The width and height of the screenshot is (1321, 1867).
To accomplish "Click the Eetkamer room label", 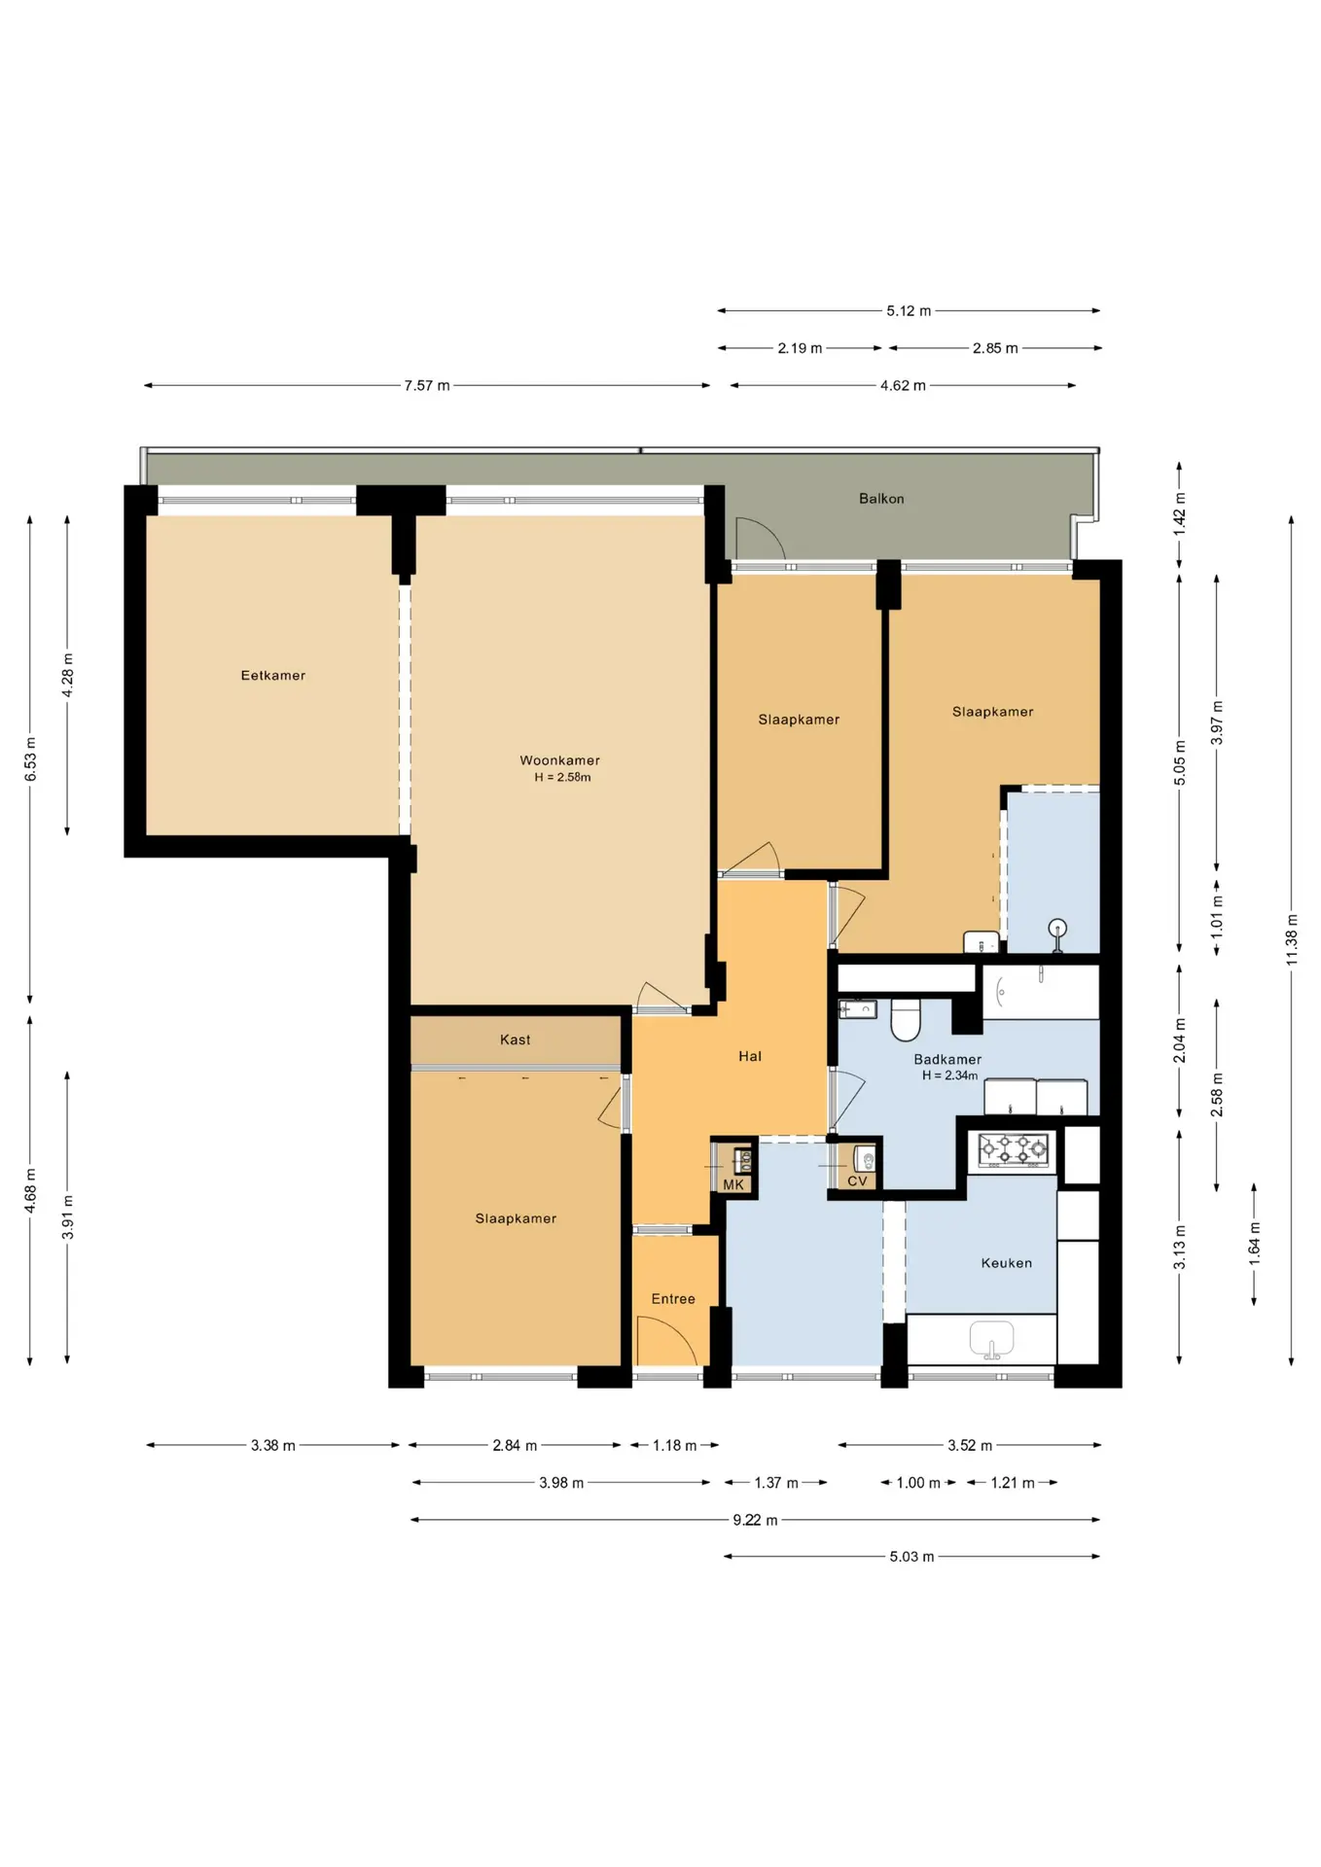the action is pos(273,676).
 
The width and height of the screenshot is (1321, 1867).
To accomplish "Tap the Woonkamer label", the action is pos(559,760).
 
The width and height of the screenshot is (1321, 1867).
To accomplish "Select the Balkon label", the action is pos(881,499).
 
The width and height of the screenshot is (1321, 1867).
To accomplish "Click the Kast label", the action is pos(516,1039).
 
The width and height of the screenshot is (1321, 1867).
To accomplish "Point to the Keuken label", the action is pos(1007,1263).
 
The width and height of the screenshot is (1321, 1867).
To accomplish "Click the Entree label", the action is pos(673,1299).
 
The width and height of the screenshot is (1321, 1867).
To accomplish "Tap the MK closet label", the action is pos(733,1184).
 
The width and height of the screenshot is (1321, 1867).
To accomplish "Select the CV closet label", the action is pos(857,1181).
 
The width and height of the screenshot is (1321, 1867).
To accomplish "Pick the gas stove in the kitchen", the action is pos(1013,1149).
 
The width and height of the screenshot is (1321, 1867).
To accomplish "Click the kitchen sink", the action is pos(991,1338).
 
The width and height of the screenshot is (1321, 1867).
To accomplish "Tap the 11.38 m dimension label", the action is pos(1292,939).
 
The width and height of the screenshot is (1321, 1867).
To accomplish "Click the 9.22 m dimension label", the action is pos(755,1520).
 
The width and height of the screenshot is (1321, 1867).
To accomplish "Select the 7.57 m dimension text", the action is pos(427,386).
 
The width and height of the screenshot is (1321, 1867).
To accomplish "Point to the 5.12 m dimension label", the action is pos(909,311).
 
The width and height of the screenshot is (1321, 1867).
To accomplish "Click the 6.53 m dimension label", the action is pos(30,759).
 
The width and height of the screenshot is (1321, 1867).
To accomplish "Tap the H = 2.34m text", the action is pos(949,1075).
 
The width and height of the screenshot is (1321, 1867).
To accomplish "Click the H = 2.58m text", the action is pos(562,777).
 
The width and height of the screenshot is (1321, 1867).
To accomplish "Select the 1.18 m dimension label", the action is pos(674,1446).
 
